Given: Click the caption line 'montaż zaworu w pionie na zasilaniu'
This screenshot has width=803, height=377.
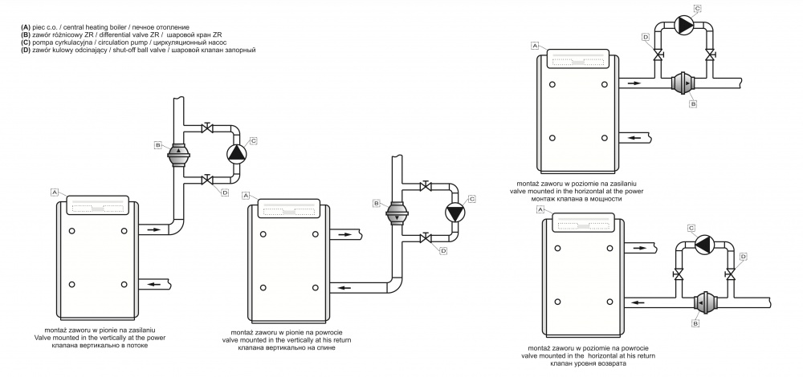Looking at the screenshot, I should [100, 330].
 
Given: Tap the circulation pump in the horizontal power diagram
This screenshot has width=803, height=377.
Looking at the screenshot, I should [685, 26].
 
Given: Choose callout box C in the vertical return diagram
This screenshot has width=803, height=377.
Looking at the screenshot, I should [472, 197].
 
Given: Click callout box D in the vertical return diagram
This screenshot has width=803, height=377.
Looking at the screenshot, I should [443, 251].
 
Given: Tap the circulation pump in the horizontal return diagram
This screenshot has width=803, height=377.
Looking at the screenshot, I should [704, 244].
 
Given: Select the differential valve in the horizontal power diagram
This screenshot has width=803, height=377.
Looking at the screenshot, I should [684, 83].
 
